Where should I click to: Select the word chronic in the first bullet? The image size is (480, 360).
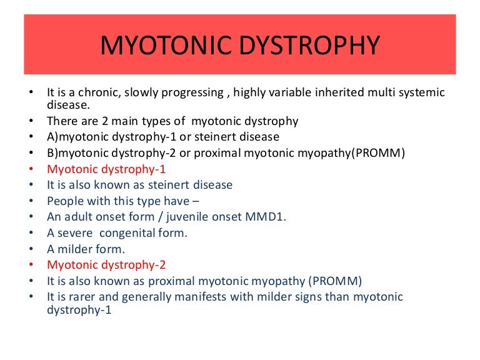pyautogui.click(x=100, y=92)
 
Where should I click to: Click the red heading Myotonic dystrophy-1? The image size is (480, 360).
pyautogui.click(x=107, y=169)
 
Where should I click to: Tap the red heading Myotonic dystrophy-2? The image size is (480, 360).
pyautogui.click(x=107, y=264)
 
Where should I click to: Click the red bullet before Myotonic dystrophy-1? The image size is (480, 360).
pyautogui.click(x=31, y=169)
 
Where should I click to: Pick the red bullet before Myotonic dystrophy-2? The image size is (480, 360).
pyautogui.click(x=31, y=264)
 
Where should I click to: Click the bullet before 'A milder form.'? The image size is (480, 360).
pyautogui.click(x=31, y=249)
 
